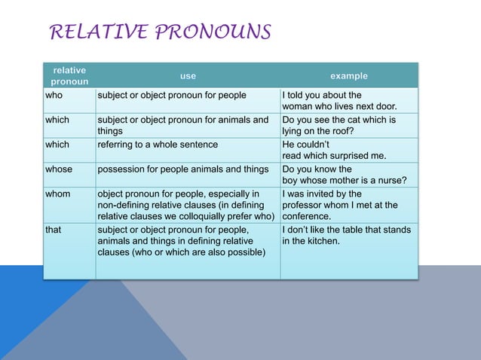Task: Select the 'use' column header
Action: tap(188, 76)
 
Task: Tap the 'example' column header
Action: tap(349, 76)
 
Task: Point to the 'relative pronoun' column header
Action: tap(69, 75)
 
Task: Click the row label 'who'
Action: tap(54, 95)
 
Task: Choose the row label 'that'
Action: tap(53, 230)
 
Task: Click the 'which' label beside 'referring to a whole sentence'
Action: tap(57, 145)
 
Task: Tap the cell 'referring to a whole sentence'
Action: tap(158, 145)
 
